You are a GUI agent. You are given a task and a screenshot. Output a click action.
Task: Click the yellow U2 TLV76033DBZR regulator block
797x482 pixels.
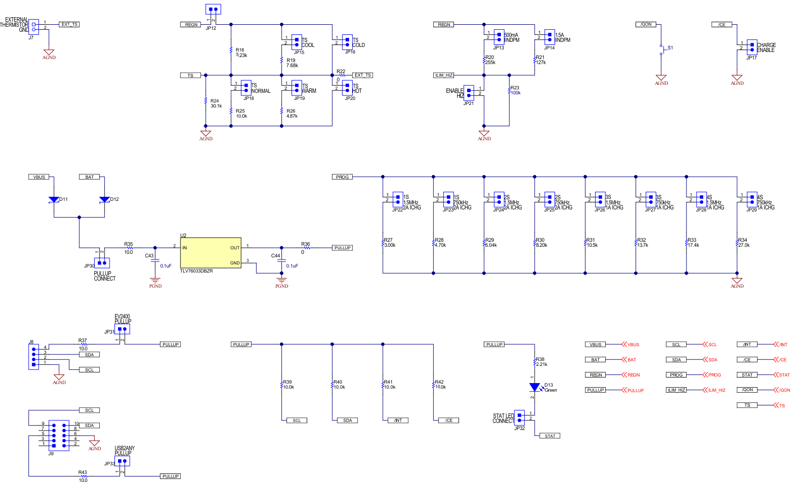pos(210,253)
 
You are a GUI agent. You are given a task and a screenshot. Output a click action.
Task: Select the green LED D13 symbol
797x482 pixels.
pos(534,387)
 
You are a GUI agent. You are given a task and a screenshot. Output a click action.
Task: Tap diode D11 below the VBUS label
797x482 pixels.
pos(54,200)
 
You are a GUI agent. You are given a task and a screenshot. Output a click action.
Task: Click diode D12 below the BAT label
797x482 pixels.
pos(104,200)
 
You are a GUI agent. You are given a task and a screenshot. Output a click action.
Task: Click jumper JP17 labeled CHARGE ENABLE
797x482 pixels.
pos(752,47)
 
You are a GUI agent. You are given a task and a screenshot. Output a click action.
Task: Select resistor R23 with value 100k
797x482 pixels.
pos(509,91)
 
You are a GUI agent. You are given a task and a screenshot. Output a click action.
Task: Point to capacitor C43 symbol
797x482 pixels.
pos(155,260)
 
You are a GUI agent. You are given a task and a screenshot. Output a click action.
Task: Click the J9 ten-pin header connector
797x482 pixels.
pos(59,435)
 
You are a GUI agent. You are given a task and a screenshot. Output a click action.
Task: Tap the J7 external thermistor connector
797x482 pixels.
pos(34,27)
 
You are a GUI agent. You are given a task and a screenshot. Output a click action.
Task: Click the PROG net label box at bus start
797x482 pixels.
pos(342,177)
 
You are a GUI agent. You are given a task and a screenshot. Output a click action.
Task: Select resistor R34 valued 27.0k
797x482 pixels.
pos(737,243)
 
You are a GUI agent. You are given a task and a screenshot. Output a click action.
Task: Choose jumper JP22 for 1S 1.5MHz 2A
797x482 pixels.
pos(397,199)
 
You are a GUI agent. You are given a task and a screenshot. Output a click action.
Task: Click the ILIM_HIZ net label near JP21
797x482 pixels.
pos(444,75)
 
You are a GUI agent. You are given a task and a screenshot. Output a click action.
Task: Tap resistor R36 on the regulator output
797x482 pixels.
pos(306,248)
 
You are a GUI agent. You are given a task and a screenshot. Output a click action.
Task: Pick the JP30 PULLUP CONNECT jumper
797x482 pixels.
pos(102,263)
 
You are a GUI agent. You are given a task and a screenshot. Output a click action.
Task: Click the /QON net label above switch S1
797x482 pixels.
pos(646,24)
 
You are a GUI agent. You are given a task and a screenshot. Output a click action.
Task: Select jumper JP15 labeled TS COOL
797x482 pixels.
pos(297,42)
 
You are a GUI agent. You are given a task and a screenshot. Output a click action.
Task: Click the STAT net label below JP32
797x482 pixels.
pos(550,436)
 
